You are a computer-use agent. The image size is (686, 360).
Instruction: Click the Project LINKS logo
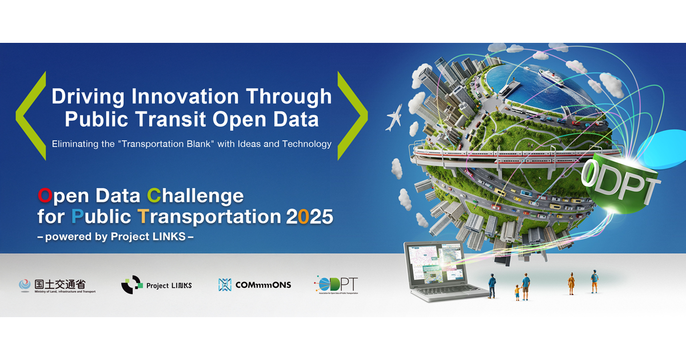point(156,285)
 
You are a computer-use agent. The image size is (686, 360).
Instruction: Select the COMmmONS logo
point(254,285)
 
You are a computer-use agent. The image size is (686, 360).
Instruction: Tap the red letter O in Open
point(45,196)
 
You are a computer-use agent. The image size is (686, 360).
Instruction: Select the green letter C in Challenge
point(154,196)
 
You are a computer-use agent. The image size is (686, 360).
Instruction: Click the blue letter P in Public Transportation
point(78,217)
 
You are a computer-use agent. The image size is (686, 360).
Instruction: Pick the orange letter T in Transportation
point(143,217)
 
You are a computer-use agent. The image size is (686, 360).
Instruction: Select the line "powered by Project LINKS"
point(116,237)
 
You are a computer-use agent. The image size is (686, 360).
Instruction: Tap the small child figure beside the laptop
point(517,292)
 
